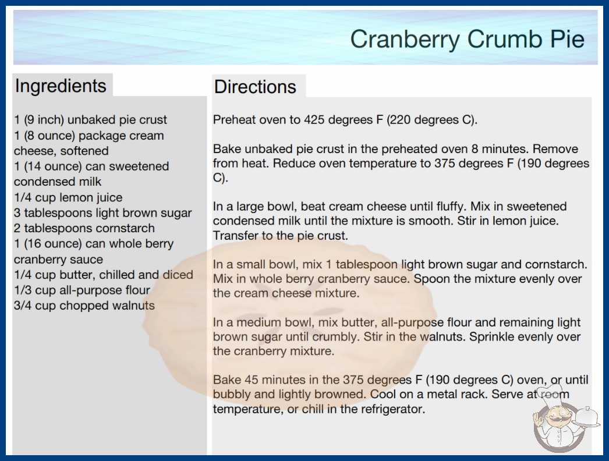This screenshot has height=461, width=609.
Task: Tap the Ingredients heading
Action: pos(61,86)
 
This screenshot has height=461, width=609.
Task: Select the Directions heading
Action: pos(255,87)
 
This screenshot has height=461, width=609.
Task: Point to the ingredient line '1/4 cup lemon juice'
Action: pos(68,197)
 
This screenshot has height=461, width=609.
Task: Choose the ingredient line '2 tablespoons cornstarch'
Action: pos(84,228)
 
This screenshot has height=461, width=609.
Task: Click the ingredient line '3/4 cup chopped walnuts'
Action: pos(84,306)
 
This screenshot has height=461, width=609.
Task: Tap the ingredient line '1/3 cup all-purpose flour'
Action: pos(82,290)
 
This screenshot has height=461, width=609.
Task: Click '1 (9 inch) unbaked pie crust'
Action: pos(90,120)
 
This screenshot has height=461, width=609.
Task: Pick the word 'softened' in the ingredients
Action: pos(84,151)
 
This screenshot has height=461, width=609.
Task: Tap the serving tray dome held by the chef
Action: pos(586,417)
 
